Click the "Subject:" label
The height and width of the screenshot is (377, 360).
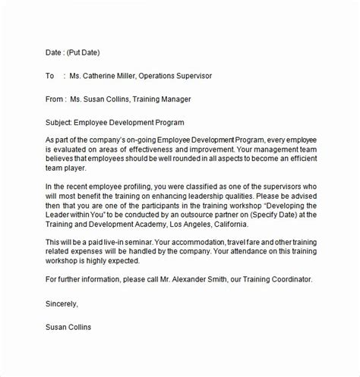(62, 122)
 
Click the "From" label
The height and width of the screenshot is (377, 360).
(56, 99)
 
